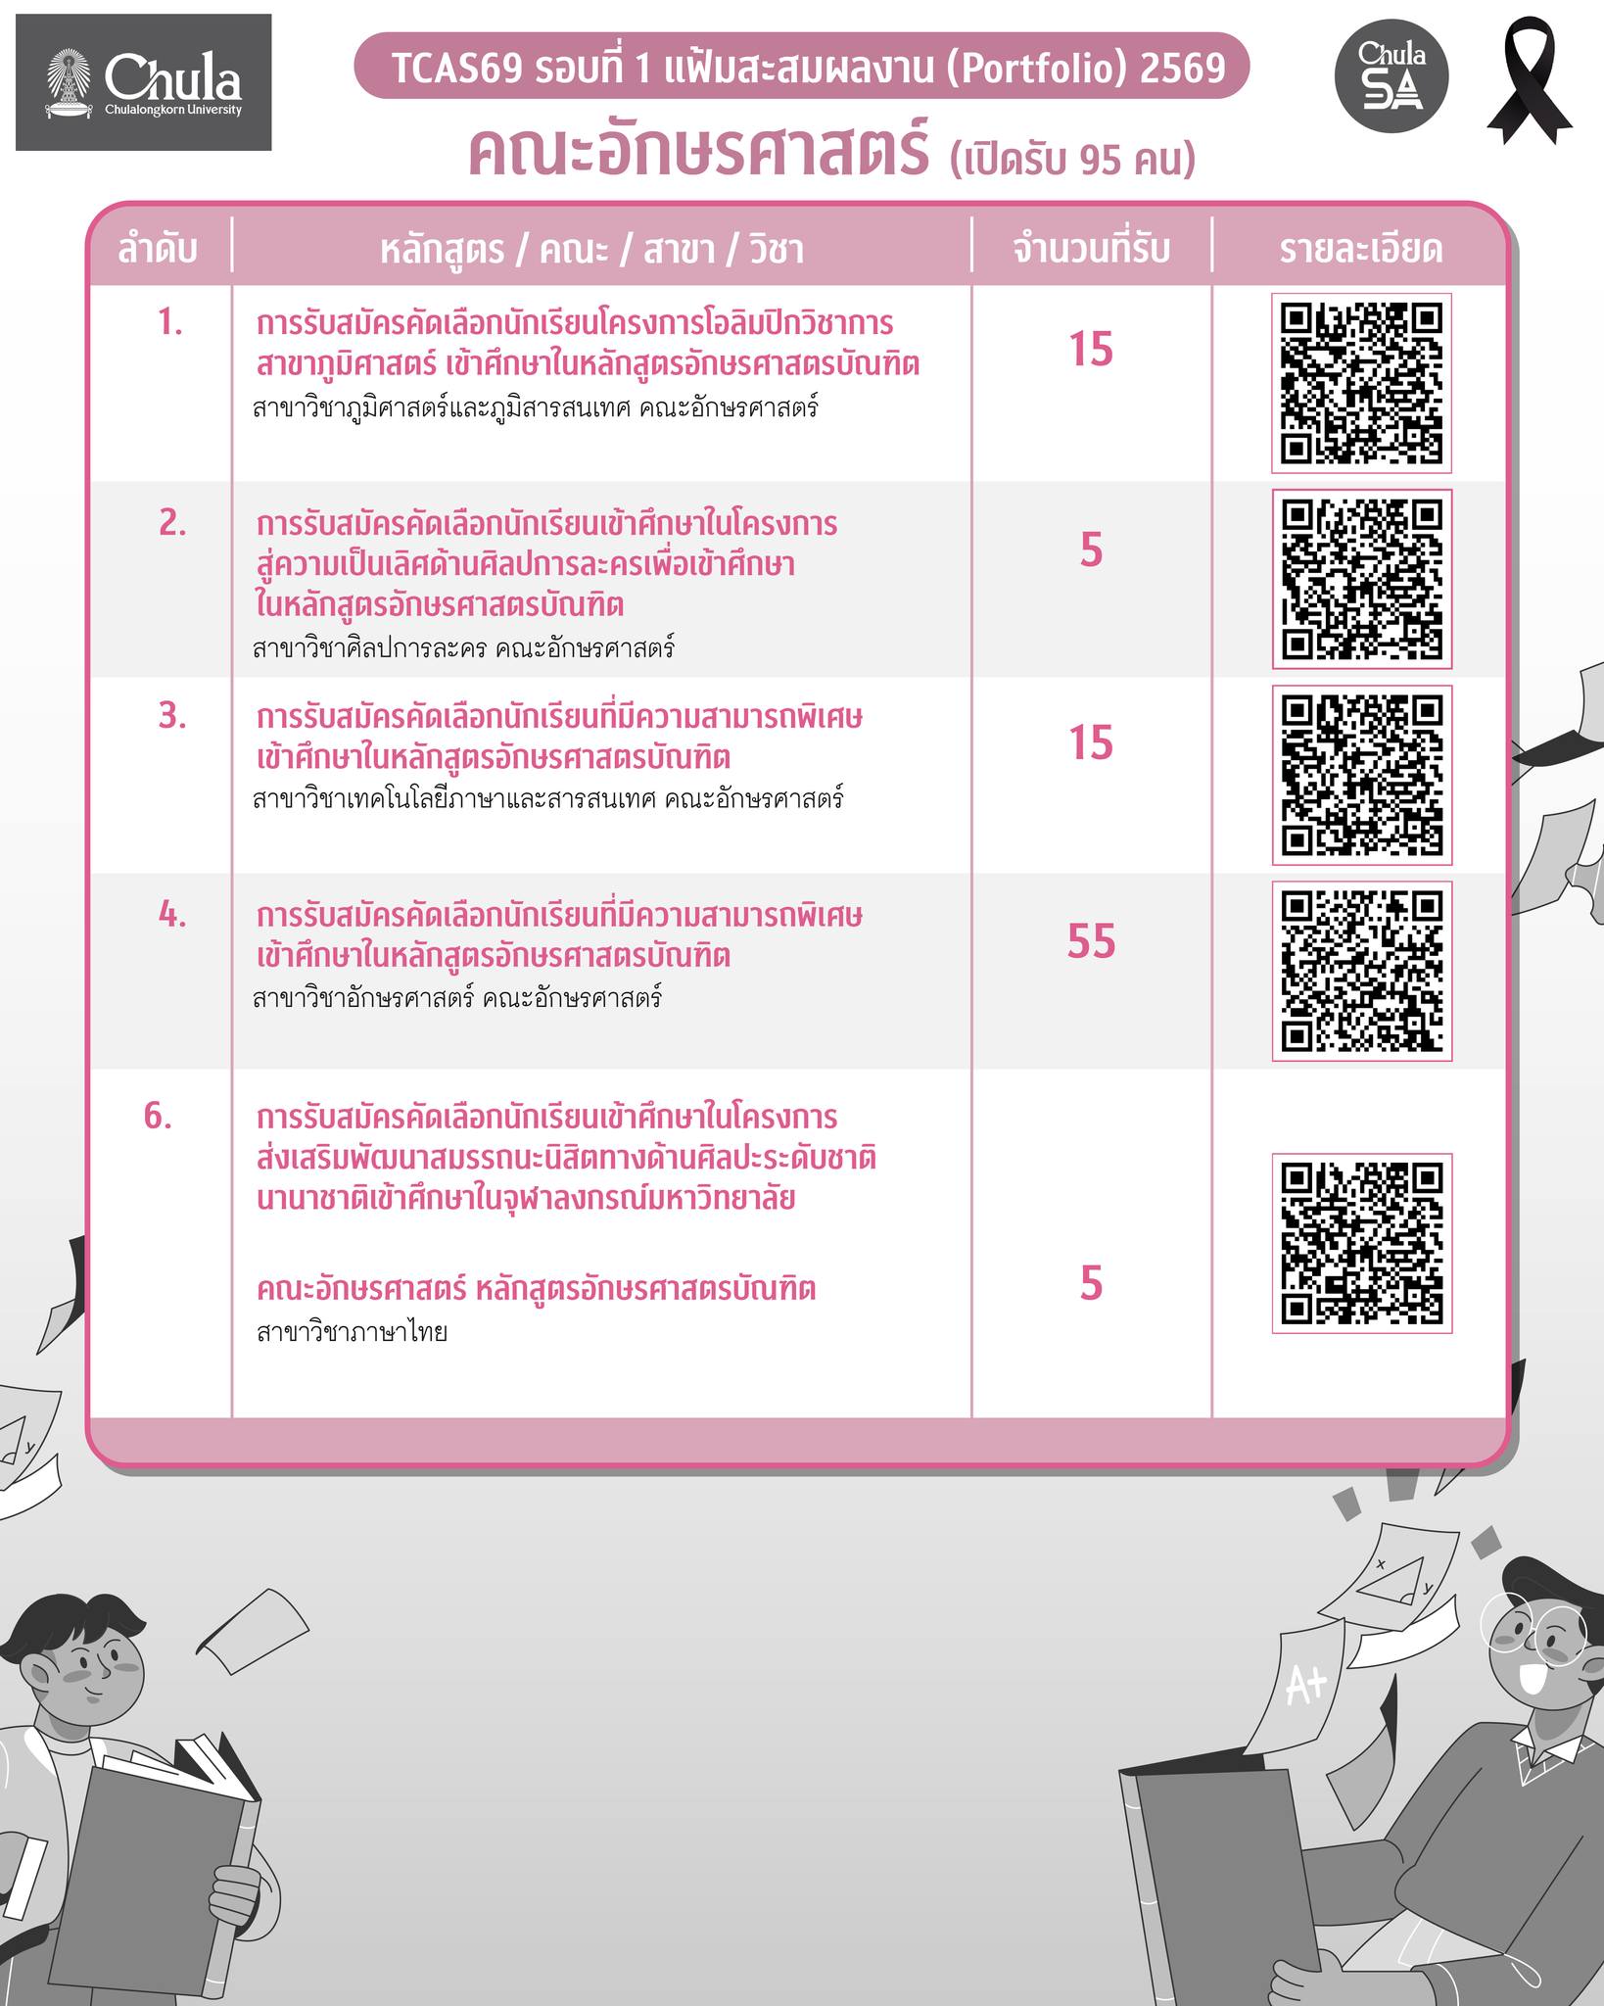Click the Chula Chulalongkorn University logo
point(143,82)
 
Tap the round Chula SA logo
point(1392,75)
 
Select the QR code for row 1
point(1361,383)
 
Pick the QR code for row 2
point(1361,579)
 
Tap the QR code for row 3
point(1361,775)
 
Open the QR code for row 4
point(1361,971)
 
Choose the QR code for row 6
point(1361,1243)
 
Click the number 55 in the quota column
point(1091,941)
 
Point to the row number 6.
point(158,1116)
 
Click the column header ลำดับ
point(158,250)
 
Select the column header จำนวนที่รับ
point(1091,250)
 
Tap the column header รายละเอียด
point(1360,250)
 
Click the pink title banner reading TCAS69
point(802,67)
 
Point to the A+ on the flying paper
point(1305,1685)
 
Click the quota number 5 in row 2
point(1091,550)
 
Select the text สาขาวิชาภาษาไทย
point(352,1332)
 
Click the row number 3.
point(172,716)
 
